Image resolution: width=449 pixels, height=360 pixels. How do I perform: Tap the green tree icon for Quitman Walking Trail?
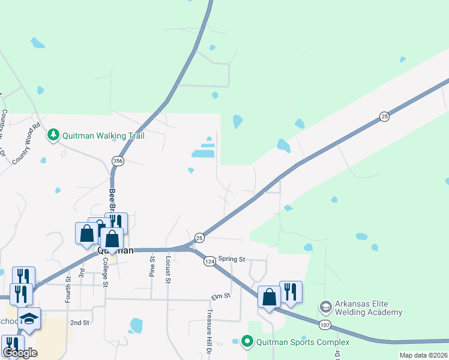point(54,134)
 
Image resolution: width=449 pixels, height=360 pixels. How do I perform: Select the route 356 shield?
point(118,160)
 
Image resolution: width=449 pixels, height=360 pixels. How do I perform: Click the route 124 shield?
point(209,262)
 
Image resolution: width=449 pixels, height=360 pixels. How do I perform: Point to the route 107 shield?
point(325,325)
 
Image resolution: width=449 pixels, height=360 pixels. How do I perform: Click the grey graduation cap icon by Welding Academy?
point(325,308)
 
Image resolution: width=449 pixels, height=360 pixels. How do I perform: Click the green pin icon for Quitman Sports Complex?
point(247,342)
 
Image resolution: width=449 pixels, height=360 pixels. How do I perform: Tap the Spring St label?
point(232,259)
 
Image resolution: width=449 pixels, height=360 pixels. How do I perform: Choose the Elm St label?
point(221,296)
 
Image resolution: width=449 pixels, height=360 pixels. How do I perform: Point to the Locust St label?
point(168,269)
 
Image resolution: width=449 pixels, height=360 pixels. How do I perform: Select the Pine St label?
point(152,268)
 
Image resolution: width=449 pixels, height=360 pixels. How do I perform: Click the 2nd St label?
point(79,322)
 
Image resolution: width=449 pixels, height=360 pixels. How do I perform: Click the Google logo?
point(20,353)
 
